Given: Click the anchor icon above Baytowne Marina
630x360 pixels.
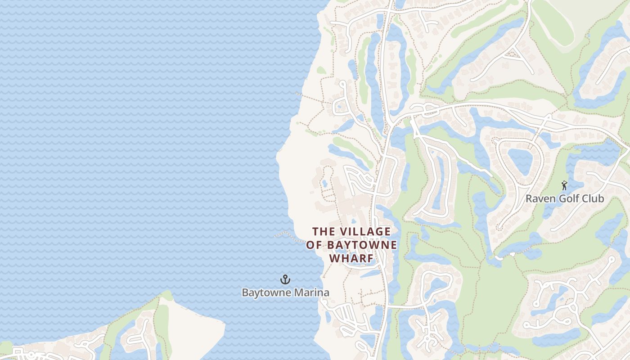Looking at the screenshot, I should tap(285, 279).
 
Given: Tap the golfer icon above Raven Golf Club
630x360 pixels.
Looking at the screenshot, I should tap(564, 185).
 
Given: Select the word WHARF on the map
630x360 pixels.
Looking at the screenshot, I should tap(351, 258).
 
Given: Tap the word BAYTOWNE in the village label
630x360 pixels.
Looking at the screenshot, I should tap(361, 245).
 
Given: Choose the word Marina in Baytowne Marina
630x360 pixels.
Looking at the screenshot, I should tap(311, 292).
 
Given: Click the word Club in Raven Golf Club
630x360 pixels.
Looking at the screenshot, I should tap(593, 198).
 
